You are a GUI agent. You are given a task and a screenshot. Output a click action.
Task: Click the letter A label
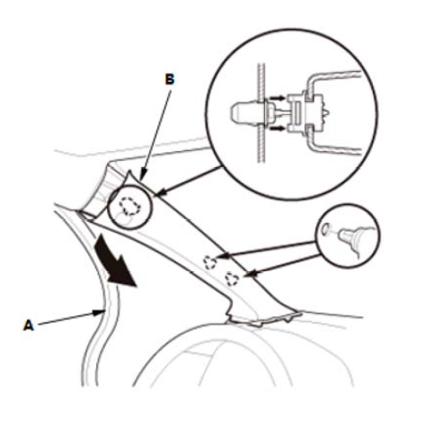pyautogui.click(x=29, y=325)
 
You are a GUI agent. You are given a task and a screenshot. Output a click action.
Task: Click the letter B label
pyautogui.click(x=170, y=80)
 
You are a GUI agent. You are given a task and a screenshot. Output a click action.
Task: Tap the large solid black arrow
pyautogui.click(x=115, y=261)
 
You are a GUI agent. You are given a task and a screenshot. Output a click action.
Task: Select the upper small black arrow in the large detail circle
pyautogui.click(x=277, y=98)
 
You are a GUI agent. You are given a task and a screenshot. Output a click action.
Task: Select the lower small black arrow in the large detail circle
pyautogui.click(x=277, y=128)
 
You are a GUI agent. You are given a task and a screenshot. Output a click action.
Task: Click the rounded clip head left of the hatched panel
pyautogui.click(x=244, y=112)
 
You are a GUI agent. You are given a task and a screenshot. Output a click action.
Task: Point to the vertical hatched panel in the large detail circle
pyautogui.click(x=261, y=112)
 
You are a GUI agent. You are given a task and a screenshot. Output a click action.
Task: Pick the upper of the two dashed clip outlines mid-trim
pyautogui.click(x=210, y=262)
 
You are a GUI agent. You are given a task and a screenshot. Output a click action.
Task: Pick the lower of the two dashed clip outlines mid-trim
pyautogui.click(x=232, y=279)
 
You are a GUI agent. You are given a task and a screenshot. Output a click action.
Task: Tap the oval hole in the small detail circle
pyautogui.click(x=325, y=229)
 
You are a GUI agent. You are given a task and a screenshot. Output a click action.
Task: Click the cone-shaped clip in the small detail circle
pyautogui.click(x=348, y=236)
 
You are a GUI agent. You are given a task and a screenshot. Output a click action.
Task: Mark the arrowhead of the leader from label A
pyautogui.click(x=101, y=313)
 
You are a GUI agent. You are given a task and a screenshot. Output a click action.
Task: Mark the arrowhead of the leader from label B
pyautogui.click(x=143, y=176)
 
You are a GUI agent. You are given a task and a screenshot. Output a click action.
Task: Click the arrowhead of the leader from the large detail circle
pyautogui.click(x=159, y=193)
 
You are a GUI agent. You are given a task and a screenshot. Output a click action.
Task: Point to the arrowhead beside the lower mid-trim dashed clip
pyautogui.click(x=250, y=273)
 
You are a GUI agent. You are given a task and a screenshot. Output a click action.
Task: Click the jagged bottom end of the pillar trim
pyautogui.click(x=263, y=318)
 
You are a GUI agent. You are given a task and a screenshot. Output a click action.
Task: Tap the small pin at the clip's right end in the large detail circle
pyautogui.click(x=326, y=112)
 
